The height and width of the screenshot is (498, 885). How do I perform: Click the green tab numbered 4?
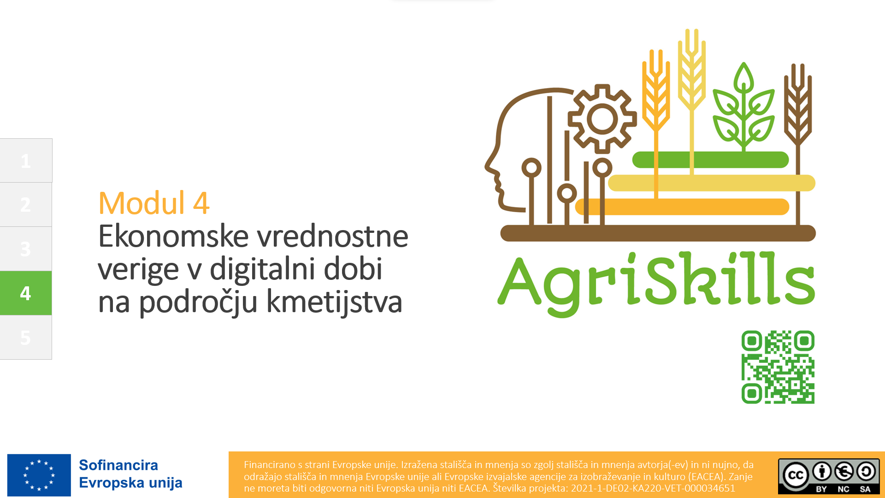tap(26, 293)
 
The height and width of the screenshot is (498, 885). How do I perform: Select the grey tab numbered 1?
tap(26, 160)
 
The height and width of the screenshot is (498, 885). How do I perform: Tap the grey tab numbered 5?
tap(26, 337)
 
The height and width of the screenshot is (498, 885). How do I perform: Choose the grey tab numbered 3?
tap(26, 249)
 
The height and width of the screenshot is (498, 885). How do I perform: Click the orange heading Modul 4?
tap(154, 203)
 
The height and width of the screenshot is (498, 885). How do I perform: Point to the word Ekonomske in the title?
tap(174, 236)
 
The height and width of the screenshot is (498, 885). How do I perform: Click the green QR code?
tap(778, 367)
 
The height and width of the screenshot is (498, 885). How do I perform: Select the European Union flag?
tap(39, 475)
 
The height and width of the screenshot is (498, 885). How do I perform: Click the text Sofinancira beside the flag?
tap(118, 465)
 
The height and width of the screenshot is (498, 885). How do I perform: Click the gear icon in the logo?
tap(602, 119)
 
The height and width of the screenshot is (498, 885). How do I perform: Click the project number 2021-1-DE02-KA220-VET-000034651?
tap(653, 488)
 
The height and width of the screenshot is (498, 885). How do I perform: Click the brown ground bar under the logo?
tap(658, 233)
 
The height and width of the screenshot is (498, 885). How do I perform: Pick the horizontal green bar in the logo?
tap(710, 160)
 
